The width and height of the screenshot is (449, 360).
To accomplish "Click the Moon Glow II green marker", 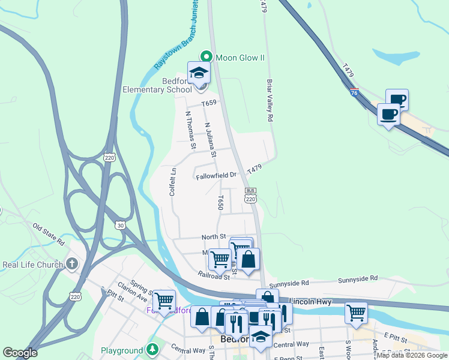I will click(x=206, y=57).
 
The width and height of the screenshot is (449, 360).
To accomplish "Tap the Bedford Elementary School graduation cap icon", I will click(x=199, y=74).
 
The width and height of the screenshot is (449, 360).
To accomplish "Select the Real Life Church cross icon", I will click(x=72, y=264).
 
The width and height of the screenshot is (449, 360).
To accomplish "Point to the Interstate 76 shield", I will click(x=354, y=92).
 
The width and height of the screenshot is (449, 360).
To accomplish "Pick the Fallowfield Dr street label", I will click(x=216, y=176).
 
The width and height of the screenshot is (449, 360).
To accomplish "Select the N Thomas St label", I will click(x=190, y=129).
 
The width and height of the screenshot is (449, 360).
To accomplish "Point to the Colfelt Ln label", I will click(x=173, y=181).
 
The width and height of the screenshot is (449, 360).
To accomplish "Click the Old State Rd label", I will click(x=49, y=234).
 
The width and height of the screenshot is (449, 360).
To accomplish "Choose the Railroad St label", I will click(x=214, y=275).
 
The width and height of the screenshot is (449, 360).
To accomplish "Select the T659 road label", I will click(x=208, y=103).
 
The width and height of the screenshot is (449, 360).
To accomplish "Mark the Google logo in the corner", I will click(x=20, y=353).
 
